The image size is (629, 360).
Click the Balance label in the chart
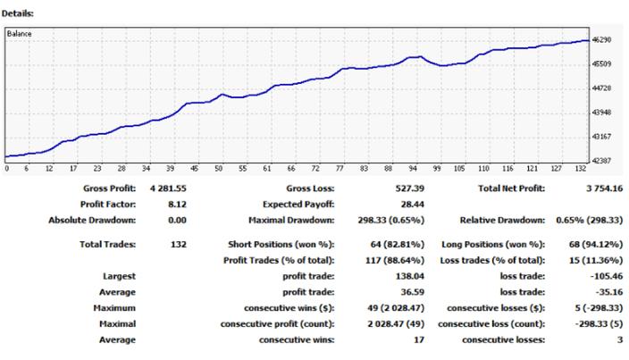[x=21, y=34]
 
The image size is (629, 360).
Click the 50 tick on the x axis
[x=220, y=167]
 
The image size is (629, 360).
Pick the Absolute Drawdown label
[x=93, y=219]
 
